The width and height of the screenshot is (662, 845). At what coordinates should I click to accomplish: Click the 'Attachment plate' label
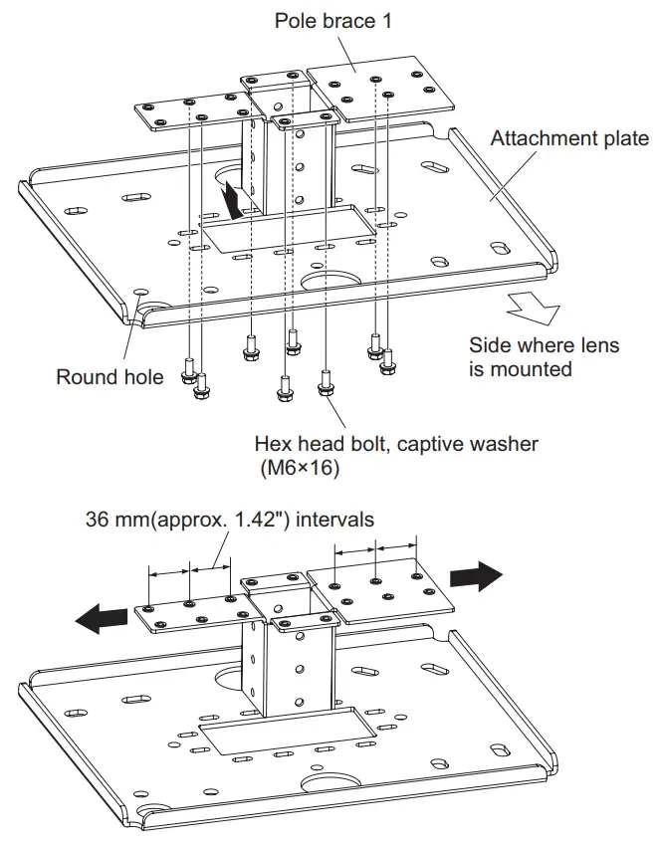coord(568,139)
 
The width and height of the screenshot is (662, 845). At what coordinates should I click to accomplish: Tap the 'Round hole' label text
coord(110,377)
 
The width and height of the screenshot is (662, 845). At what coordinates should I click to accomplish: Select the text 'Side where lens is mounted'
coord(544,357)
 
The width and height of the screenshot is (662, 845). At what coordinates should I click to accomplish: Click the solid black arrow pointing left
coord(103,619)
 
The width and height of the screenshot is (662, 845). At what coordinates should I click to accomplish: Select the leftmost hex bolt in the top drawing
coord(187,375)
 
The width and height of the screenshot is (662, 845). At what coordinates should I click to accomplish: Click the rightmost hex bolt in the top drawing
coord(387,362)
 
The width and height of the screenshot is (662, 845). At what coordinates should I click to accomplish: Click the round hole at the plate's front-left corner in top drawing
coord(138,294)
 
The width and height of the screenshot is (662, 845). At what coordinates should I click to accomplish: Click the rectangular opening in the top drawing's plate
coord(289,228)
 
